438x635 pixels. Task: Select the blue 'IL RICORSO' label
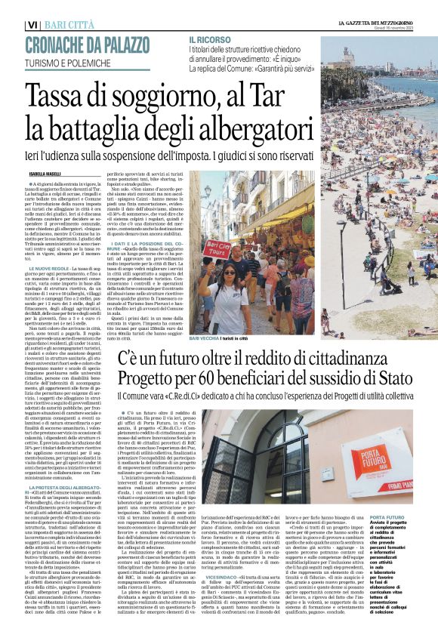(209, 38)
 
